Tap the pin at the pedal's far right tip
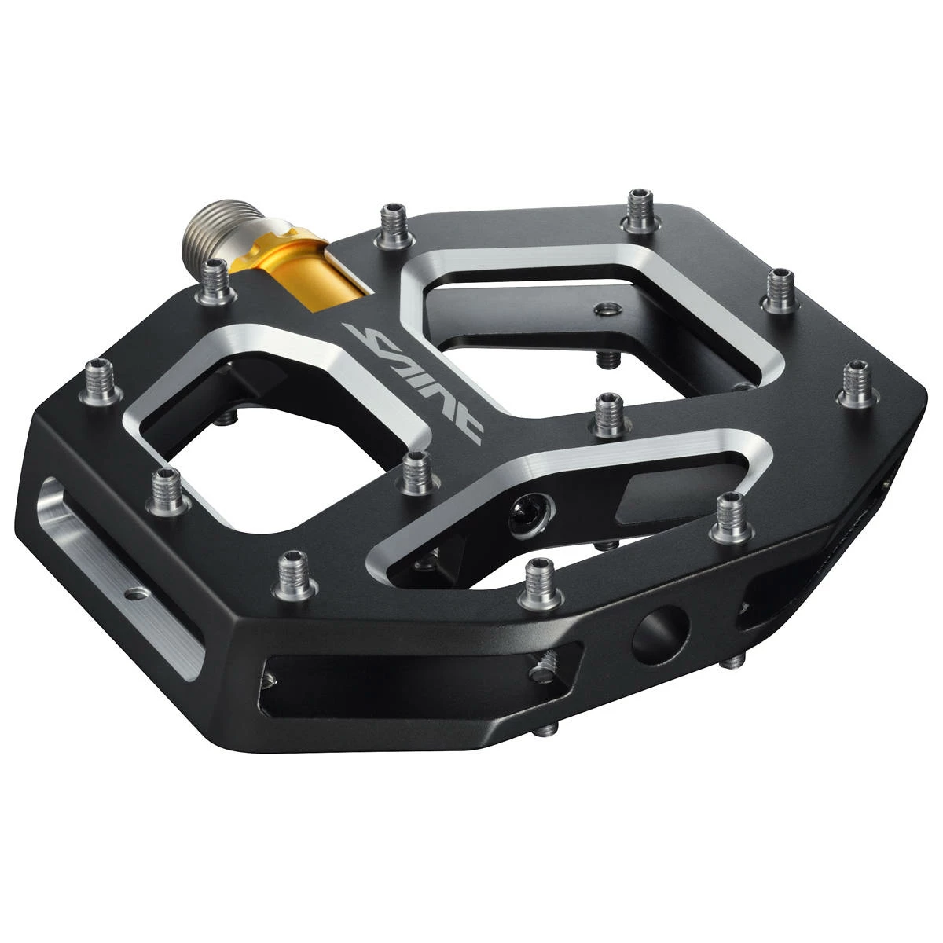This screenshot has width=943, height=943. (x=859, y=383)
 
